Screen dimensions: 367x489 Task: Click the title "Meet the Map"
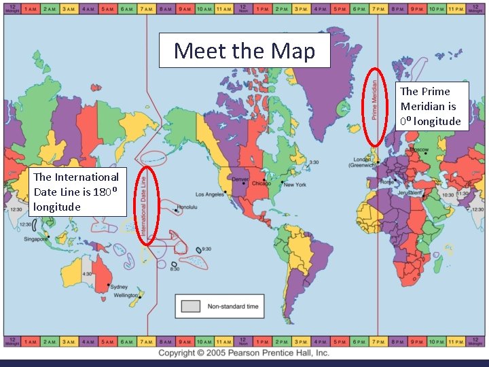pyautogui.click(x=244, y=51)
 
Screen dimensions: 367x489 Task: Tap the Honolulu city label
pyautogui.click(x=189, y=207)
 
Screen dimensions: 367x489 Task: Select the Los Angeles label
pyautogui.click(x=211, y=194)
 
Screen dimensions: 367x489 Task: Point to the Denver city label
pyautogui.click(x=240, y=179)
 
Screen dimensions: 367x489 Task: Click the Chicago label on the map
pyautogui.click(x=261, y=183)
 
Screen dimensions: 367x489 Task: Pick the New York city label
pyautogui.click(x=295, y=184)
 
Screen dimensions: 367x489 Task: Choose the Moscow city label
pyautogui.click(x=418, y=150)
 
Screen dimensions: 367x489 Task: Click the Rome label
pyautogui.click(x=386, y=181)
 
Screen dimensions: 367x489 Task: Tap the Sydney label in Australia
pyautogui.click(x=118, y=286)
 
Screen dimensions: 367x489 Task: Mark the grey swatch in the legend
pyautogui.click(x=191, y=307)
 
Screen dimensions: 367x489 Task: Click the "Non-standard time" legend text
pyautogui.click(x=233, y=307)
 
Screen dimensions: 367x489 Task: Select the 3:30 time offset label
pyautogui.click(x=313, y=162)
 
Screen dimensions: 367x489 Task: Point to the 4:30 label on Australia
pyautogui.click(x=87, y=274)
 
